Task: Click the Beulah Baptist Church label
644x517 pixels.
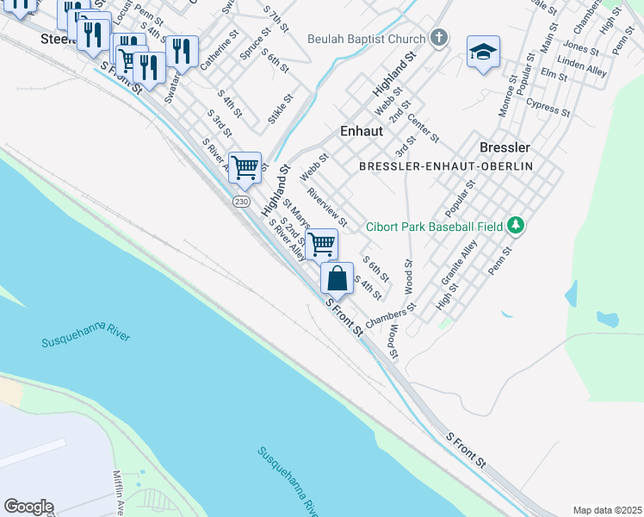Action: [367, 40]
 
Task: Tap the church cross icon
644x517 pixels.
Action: [439, 38]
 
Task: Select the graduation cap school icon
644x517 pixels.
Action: [484, 53]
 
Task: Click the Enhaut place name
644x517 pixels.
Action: [355, 131]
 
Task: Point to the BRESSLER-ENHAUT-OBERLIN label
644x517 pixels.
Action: [446, 165]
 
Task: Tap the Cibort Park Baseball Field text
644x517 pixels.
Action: [434, 227]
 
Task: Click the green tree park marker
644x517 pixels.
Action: [516, 226]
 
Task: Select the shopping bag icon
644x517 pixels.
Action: [337, 278]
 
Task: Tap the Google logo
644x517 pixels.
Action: [28, 507]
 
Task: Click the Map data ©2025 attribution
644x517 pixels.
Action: [607, 510]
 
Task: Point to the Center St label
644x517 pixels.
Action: [424, 128]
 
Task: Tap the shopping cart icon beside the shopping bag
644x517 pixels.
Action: [321, 245]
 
